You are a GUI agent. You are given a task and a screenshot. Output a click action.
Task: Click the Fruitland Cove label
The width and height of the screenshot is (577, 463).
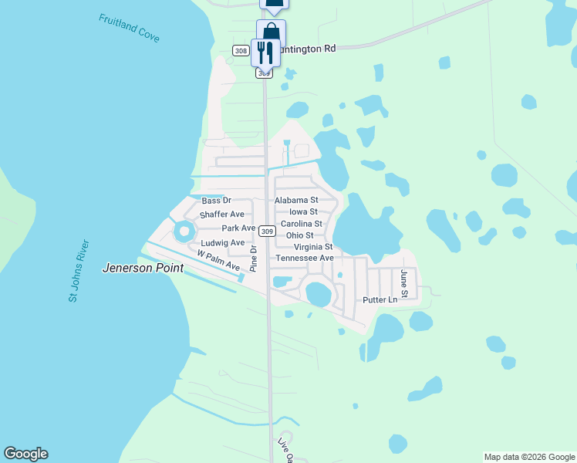tap(129, 27)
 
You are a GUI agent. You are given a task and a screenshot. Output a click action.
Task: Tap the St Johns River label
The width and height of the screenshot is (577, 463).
tap(80, 271)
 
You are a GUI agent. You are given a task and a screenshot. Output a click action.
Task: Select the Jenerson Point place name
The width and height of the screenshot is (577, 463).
tap(143, 269)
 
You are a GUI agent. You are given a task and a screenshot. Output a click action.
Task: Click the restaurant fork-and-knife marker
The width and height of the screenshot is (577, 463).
tap(265, 52)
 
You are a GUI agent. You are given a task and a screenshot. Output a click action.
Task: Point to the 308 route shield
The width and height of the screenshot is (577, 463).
tap(241, 50)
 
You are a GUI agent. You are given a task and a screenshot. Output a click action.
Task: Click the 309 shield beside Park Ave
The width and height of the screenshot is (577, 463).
tap(267, 231)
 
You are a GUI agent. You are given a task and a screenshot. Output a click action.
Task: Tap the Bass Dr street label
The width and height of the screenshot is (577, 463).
tap(216, 201)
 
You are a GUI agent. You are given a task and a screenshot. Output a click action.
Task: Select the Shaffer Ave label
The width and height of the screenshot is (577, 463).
tap(221, 215)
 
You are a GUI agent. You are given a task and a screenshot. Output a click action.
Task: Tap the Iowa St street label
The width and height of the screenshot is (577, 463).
tap(303, 211)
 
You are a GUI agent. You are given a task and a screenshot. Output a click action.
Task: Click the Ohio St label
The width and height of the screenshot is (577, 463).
tap(299, 235)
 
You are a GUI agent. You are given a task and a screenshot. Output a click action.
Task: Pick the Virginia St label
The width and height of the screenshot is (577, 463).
tap(313, 247)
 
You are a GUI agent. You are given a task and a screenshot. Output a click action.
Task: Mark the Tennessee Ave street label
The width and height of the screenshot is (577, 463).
tap(305, 258)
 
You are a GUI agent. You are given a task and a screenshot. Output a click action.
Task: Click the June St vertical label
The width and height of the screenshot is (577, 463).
tap(403, 279)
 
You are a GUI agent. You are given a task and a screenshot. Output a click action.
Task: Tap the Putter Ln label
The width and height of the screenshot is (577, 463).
tap(380, 299)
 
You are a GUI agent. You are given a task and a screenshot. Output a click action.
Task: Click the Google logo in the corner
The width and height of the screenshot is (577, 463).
tap(25, 454)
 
